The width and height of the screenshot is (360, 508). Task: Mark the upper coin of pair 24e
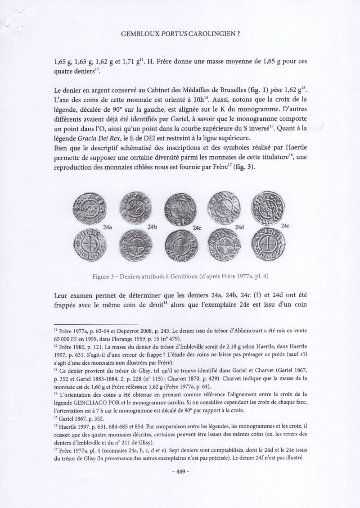267,207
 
